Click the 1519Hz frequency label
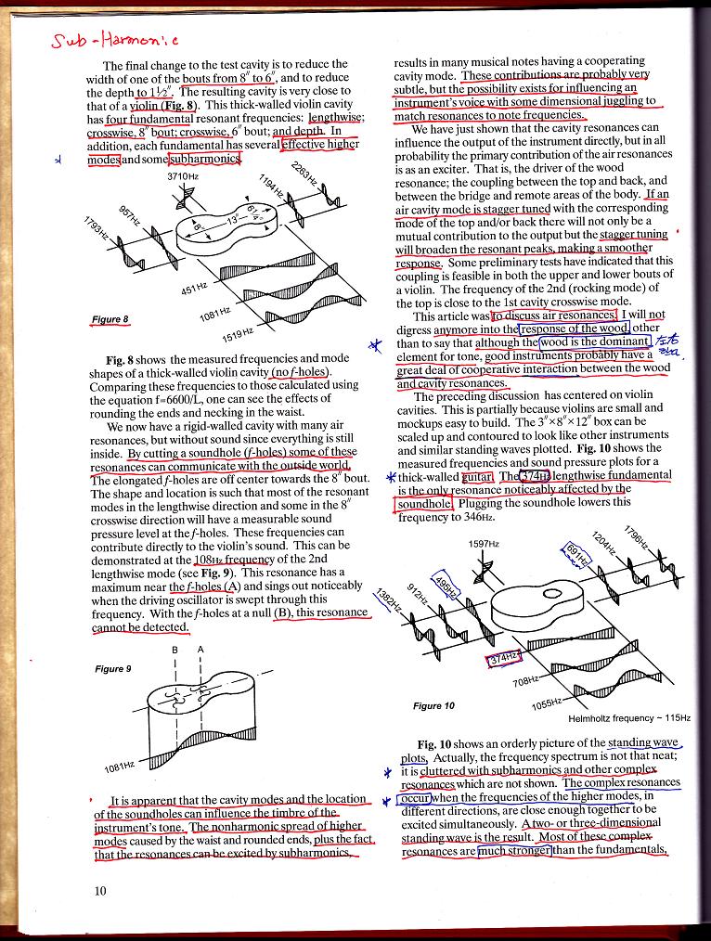pyautogui.click(x=238, y=335)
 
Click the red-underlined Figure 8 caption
pyautogui.click(x=110, y=320)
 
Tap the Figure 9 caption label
pyautogui.click(x=112, y=668)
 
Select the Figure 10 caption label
pyautogui.click(x=433, y=705)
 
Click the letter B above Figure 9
pyautogui.click(x=175, y=650)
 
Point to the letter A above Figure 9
pyautogui.click(x=201, y=650)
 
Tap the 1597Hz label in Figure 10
pyautogui.click(x=485, y=543)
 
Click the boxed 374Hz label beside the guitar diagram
pyautogui.click(x=506, y=658)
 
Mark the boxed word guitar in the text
pyautogui.click(x=477, y=476)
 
